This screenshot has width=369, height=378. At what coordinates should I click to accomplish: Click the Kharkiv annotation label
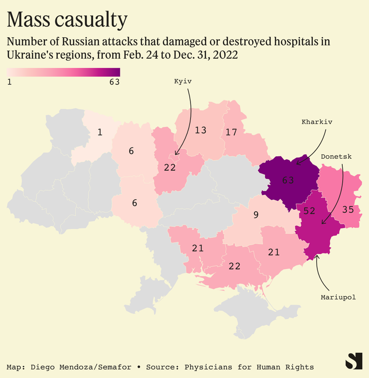[x=317, y=122]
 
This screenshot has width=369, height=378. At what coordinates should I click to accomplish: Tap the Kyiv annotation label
[x=183, y=81]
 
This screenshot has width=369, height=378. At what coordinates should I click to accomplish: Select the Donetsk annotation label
[x=336, y=157]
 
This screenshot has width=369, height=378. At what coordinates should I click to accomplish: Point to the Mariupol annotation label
[x=338, y=297]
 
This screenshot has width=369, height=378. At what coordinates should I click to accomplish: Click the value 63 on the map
[x=288, y=180]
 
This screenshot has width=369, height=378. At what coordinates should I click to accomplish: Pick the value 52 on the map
[x=307, y=211]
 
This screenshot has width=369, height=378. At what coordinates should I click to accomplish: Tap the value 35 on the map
[x=348, y=209]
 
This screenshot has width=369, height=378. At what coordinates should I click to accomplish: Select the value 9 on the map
[x=255, y=214]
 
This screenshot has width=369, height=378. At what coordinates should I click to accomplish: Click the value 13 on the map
[x=200, y=130]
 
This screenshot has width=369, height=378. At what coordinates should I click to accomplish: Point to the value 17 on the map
[x=231, y=133]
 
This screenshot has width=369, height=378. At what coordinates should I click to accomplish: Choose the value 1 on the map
[x=100, y=133]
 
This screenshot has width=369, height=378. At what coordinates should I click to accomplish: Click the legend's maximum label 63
[x=114, y=82]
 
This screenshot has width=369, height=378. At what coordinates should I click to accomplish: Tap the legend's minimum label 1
[x=9, y=82]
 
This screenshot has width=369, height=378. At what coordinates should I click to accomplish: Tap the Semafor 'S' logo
[x=354, y=361]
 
